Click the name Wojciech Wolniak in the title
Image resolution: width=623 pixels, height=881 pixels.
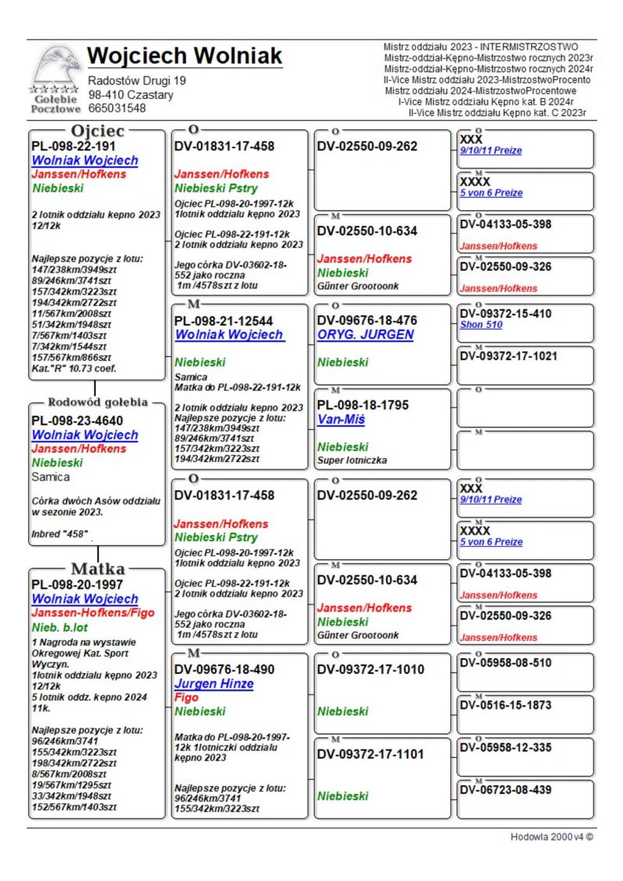coord(185,56)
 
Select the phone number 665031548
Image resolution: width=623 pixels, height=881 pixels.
coord(117,108)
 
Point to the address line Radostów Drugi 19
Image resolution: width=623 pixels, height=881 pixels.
coord(137,80)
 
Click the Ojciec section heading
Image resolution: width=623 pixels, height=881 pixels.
coord(97,131)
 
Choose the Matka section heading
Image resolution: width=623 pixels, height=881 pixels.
coord(98,568)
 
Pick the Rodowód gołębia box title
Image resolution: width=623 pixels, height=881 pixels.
coord(97,403)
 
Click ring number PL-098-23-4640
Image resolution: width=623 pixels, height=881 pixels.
coord(77,421)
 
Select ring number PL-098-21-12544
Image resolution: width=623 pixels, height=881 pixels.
coord(224,320)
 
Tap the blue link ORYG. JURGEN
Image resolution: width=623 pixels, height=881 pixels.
coord(365,335)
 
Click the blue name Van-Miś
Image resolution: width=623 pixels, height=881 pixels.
coord(341,420)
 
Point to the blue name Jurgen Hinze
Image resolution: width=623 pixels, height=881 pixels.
coord(214,684)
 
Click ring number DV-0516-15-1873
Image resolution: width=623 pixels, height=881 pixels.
coord(505,705)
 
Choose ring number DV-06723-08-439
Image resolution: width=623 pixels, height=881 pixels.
coord(505,790)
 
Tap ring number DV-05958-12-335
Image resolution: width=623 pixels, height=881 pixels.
coord(505,748)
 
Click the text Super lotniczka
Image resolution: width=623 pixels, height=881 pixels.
coord(350,460)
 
